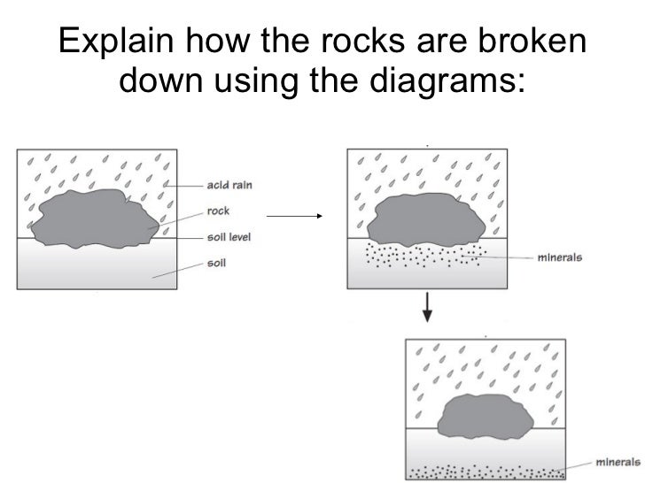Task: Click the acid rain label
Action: [x=229, y=185]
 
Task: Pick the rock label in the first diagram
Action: [x=218, y=211]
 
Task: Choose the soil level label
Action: [x=228, y=237]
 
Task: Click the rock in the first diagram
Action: [x=97, y=218]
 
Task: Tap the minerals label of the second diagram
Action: [x=560, y=258]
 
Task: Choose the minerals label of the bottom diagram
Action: [x=618, y=461]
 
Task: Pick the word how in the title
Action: [x=214, y=42]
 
